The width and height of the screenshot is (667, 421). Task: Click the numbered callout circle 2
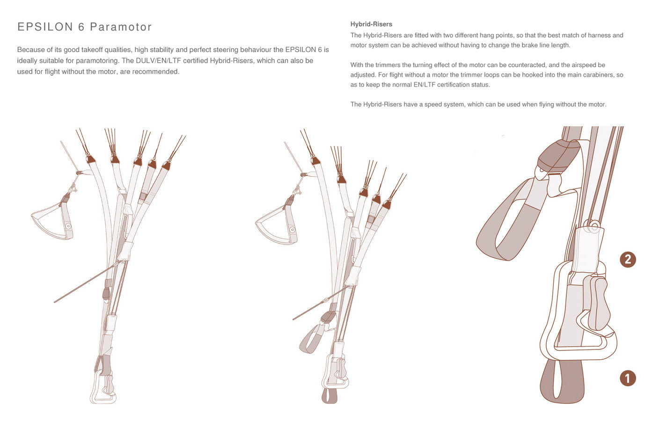[x=628, y=260]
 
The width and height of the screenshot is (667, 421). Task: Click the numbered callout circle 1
[x=628, y=378]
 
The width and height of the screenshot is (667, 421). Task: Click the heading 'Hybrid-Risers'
[x=371, y=24]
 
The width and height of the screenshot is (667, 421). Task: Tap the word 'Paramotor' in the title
[x=121, y=27]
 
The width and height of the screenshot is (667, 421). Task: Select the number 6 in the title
[x=81, y=27]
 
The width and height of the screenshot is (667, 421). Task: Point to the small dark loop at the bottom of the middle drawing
[x=329, y=396]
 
